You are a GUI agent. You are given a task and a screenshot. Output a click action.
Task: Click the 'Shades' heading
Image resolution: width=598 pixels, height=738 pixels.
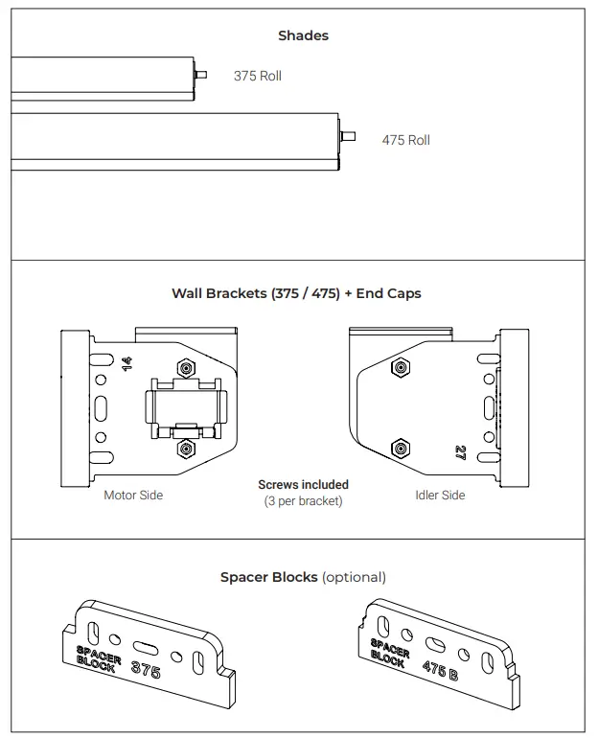click(303, 35)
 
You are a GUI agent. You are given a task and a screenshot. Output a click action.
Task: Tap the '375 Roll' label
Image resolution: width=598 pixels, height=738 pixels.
click(258, 76)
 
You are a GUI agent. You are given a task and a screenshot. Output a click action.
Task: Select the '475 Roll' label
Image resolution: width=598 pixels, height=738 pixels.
click(405, 140)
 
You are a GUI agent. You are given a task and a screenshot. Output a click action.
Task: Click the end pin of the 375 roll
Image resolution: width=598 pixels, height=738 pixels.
click(200, 74)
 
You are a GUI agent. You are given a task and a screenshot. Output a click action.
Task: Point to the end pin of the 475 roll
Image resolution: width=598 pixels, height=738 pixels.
click(349, 136)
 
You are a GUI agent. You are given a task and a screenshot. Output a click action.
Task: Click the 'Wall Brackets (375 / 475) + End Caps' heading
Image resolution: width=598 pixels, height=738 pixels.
click(296, 293)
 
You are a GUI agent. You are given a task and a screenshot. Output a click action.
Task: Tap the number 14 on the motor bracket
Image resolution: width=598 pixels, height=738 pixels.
click(126, 363)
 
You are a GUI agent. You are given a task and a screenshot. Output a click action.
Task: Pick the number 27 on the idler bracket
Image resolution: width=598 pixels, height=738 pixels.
click(460, 452)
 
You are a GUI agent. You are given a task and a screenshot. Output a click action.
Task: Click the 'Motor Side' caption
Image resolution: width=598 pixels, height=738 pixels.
click(133, 496)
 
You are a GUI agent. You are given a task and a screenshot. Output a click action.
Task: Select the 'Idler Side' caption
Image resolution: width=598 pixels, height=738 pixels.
click(440, 496)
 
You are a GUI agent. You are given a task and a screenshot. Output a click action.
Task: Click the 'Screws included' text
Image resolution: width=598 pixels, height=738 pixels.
click(303, 485)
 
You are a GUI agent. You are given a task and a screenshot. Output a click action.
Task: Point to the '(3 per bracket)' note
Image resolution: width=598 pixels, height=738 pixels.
click(303, 501)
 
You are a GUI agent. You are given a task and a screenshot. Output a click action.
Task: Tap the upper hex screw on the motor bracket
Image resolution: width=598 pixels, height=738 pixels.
click(186, 369)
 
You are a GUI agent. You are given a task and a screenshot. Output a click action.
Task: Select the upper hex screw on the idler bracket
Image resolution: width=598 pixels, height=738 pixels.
click(400, 367)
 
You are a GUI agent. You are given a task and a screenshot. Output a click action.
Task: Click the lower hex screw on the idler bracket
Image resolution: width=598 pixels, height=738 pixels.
click(400, 448)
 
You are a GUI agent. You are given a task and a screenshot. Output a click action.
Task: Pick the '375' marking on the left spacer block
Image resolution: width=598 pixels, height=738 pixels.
click(145, 668)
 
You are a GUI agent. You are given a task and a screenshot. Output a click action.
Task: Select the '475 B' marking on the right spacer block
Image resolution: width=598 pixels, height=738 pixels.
click(435, 668)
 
